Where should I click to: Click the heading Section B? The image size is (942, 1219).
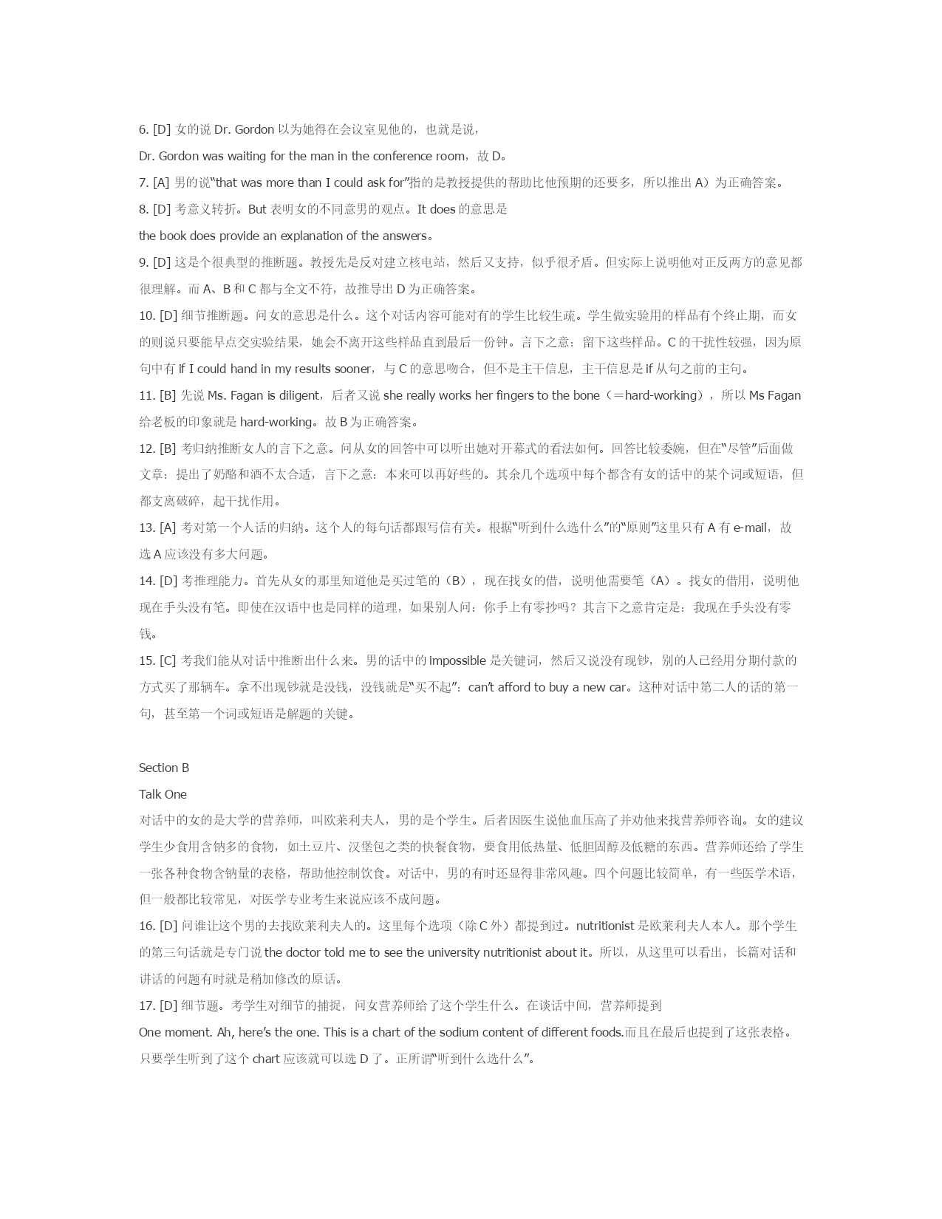(164, 768)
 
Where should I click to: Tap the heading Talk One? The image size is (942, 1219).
(163, 794)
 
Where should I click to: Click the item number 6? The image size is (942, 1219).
(143, 129)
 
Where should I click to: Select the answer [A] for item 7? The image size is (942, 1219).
(161, 182)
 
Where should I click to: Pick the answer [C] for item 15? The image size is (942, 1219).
(168, 660)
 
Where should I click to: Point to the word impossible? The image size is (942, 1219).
(457, 660)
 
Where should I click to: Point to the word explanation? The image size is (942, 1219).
(312, 236)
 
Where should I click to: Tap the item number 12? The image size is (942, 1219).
(146, 448)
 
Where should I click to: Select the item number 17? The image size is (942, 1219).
(146, 1005)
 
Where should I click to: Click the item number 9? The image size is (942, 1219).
(143, 262)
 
